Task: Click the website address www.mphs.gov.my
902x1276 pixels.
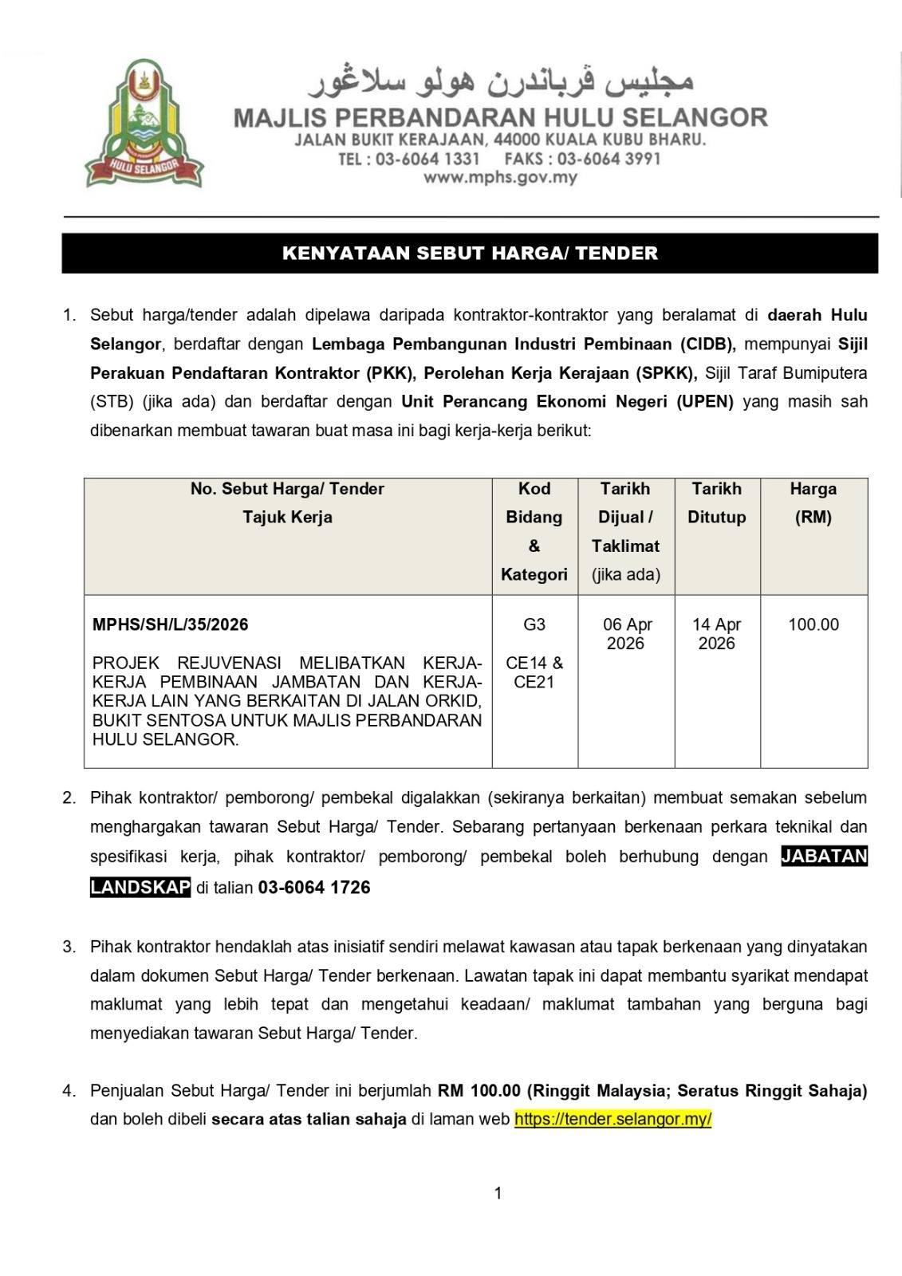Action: [x=500, y=178]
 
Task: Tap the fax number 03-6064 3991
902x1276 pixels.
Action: [x=609, y=159]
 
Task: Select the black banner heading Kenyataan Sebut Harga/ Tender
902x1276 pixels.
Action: [x=470, y=254]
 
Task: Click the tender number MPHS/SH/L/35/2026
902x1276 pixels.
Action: [x=171, y=624]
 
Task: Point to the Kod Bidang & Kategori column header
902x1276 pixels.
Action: [x=534, y=531]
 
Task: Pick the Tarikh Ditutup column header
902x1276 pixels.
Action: [x=716, y=502]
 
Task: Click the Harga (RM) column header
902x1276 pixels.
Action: [x=813, y=502]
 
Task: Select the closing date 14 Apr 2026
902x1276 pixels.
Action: [x=716, y=634]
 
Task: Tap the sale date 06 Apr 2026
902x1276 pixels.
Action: [x=626, y=634]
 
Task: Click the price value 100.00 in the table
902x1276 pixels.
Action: [x=813, y=624]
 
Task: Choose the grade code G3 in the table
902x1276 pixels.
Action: [x=534, y=624]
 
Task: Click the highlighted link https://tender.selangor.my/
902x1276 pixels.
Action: [x=612, y=1119]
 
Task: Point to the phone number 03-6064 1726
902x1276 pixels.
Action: [x=314, y=888]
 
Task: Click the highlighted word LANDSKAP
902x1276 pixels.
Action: [x=140, y=888]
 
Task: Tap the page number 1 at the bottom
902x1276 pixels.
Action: [x=498, y=1193]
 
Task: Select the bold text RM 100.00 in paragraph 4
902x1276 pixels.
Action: [x=479, y=1090]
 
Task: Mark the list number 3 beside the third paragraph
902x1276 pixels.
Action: [x=70, y=947]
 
